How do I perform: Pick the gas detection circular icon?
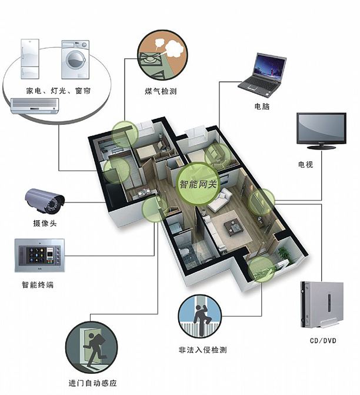[x=160, y=54]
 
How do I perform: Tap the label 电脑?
[x=262, y=107]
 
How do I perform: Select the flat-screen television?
[x=321, y=130]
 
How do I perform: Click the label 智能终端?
[x=39, y=285]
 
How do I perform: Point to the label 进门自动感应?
[x=92, y=384]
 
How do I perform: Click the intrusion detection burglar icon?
[x=199, y=316]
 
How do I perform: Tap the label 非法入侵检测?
[x=202, y=350]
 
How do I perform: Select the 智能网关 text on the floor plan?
[x=198, y=184]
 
